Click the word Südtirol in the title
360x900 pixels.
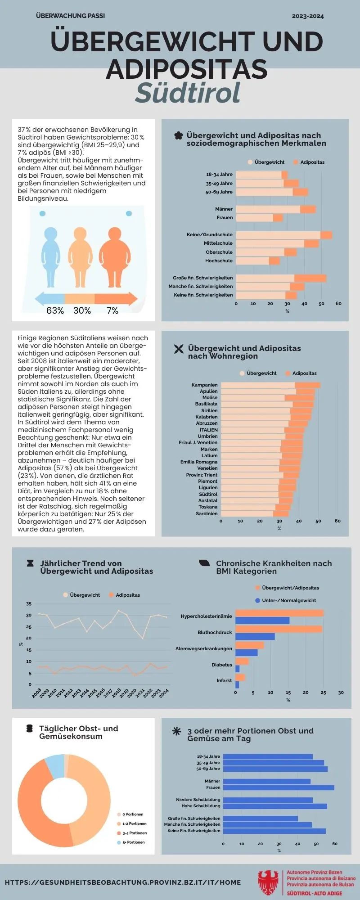[188, 93]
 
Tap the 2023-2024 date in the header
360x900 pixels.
[307, 16]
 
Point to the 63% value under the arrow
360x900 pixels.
[55, 310]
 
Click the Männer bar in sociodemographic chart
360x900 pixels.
[275, 209]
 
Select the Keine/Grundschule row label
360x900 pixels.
[210, 234]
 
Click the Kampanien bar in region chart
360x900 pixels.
[270, 385]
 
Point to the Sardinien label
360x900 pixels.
[207, 513]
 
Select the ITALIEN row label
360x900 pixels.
[208, 430]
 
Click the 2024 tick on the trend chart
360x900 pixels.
[164, 693]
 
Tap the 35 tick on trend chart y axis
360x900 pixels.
[29, 603]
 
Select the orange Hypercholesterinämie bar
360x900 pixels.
[279, 613]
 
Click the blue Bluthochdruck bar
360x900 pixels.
[255, 636]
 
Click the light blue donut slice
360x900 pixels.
[54, 767]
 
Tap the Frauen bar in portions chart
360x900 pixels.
[278, 787]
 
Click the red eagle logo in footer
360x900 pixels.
[269, 882]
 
